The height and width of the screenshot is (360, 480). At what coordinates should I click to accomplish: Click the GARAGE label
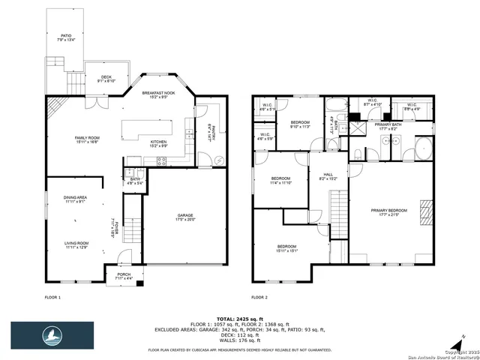click(x=184, y=215)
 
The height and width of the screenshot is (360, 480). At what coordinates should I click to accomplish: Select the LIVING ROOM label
click(x=76, y=244)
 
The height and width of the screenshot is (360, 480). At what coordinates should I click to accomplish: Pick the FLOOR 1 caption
click(x=53, y=298)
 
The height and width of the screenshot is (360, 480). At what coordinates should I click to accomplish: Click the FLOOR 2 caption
click(x=260, y=298)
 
